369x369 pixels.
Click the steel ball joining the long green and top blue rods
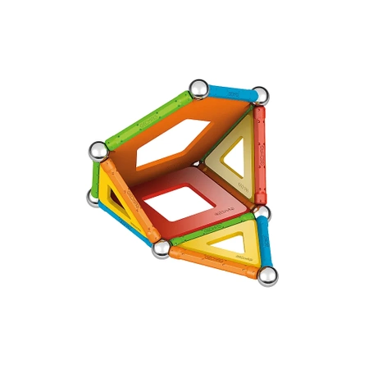(x=198, y=88)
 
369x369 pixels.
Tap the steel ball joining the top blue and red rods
(x=259, y=95)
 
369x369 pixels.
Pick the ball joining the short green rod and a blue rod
(x=93, y=198)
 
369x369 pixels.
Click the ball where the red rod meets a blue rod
(x=262, y=214)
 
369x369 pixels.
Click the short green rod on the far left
(x=94, y=175)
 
